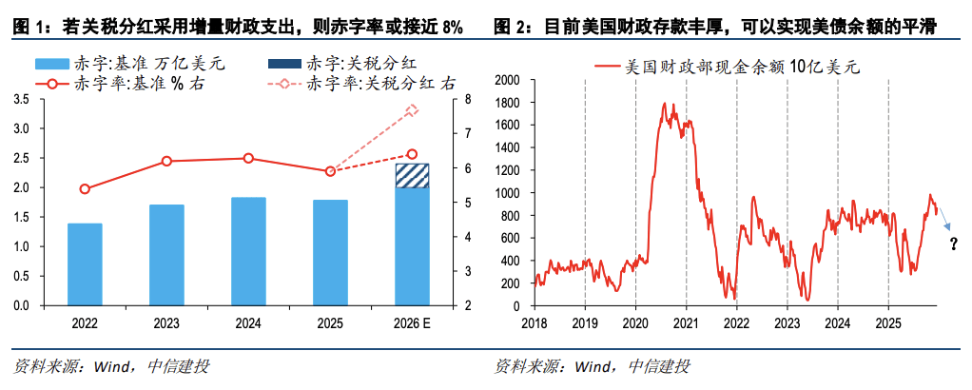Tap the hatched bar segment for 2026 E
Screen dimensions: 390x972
(x=412, y=176)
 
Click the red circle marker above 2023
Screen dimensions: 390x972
(x=166, y=162)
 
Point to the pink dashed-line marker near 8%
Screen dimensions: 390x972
(x=412, y=111)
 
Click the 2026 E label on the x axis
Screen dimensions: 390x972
(x=412, y=323)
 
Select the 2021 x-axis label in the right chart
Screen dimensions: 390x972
(x=686, y=323)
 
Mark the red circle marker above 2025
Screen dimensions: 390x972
(x=330, y=171)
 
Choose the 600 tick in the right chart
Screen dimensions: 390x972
(x=512, y=239)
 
